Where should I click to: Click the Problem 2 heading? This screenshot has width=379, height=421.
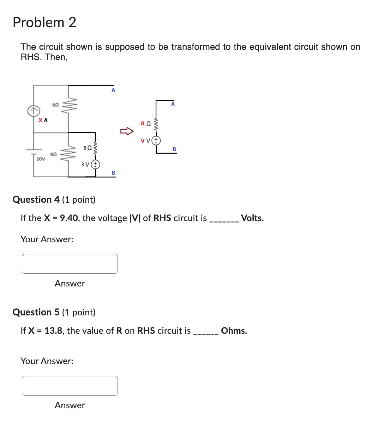tap(44, 22)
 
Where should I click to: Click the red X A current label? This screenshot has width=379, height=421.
tap(43, 120)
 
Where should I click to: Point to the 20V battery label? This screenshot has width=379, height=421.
tap(41, 159)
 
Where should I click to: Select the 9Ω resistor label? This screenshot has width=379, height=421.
tap(53, 154)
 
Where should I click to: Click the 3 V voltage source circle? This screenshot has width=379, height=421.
tap(96, 164)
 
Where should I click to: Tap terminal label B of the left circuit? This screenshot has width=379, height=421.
tap(113, 173)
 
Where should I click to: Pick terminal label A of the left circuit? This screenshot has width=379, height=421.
tap(113, 90)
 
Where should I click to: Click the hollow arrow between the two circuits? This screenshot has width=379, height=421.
tap(127, 132)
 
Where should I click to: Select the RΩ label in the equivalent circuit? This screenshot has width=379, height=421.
tap(146, 123)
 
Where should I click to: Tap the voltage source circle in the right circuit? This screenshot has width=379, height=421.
tap(156, 141)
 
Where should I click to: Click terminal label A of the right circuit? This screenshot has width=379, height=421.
tap(173, 104)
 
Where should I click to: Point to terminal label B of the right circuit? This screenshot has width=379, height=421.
tap(174, 149)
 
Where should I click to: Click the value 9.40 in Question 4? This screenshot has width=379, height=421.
tap(69, 218)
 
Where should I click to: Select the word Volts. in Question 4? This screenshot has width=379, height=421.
tap(252, 218)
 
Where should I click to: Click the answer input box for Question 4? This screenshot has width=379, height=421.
tap(70, 264)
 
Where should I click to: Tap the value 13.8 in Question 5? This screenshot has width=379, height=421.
tap(54, 331)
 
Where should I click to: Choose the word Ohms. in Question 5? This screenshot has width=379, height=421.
tap(234, 331)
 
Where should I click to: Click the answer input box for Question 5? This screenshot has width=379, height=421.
tap(70, 386)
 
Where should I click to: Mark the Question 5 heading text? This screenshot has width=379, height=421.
tap(54, 312)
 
